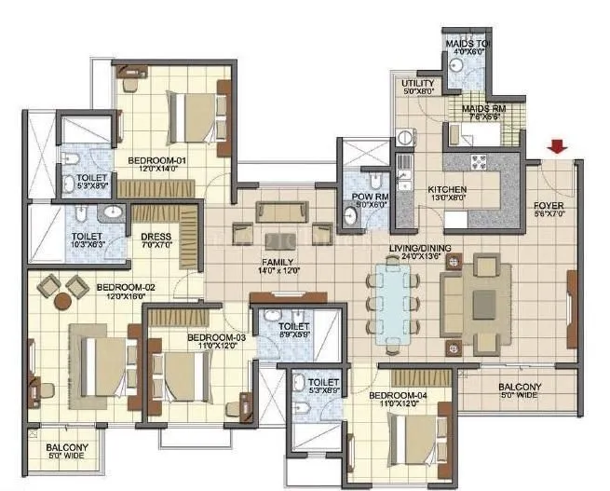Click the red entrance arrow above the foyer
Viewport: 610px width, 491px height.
pos(557,146)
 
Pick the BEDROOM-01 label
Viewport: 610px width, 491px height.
pos(157,161)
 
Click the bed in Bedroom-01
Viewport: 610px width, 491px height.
pos(190,114)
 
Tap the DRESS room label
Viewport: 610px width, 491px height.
pos(156,238)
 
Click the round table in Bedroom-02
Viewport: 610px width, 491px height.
pos(63,300)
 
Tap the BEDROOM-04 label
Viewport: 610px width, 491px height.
pos(398,397)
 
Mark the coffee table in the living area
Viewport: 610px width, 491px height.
pos(483,305)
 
